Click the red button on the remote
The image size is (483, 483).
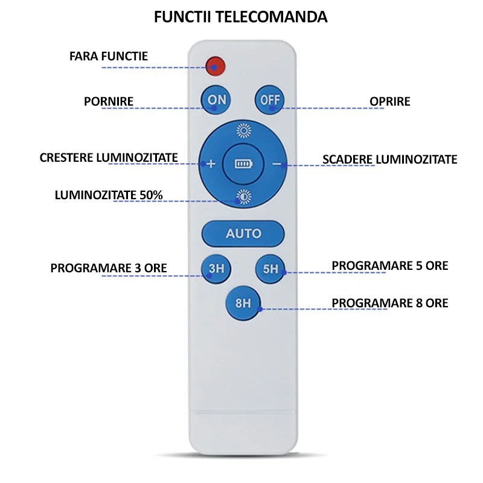pyautogui.click(x=216, y=66)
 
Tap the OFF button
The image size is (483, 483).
pyautogui.click(x=270, y=100)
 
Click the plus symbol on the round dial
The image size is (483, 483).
pyautogui.click(x=211, y=164)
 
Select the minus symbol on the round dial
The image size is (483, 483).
pyautogui.click(x=277, y=164)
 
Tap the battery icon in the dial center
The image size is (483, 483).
pyautogui.click(x=244, y=164)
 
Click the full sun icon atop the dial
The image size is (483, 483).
pyautogui.click(x=244, y=130)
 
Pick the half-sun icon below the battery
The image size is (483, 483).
pyautogui.click(x=244, y=197)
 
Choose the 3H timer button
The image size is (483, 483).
pyautogui.click(x=216, y=269)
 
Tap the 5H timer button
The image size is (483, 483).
pyautogui.click(x=270, y=269)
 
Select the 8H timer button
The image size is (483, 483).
pyautogui.click(x=243, y=303)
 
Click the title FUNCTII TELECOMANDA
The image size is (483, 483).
pyautogui.click(x=240, y=17)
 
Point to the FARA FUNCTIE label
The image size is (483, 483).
pyautogui.click(x=109, y=56)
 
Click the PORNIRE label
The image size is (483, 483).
pyautogui.click(x=109, y=101)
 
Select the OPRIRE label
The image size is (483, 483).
pyautogui.click(x=390, y=101)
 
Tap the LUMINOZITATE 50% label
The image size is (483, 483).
pyautogui.click(x=109, y=195)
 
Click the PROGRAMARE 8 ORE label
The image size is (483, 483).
pyautogui.click(x=390, y=303)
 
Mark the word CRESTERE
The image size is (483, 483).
pyautogui.click(x=66, y=158)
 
